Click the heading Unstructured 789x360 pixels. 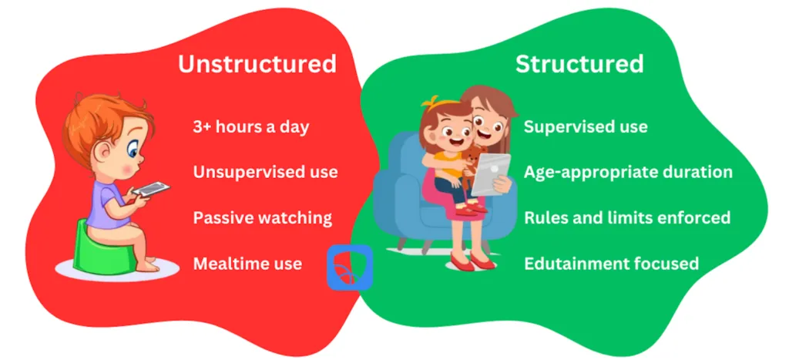coord(257,64)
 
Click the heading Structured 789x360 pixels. coord(579,64)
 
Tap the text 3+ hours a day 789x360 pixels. coord(250,126)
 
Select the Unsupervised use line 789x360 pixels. coord(265,172)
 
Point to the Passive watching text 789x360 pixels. coord(263,218)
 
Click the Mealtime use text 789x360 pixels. coord(247,264)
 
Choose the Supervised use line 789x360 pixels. coord(586,127)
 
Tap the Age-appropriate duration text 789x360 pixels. coord(628,172)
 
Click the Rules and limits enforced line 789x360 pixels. coord(627,217)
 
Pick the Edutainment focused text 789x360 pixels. coord(611,264)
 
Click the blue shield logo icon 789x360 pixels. coord(350,267)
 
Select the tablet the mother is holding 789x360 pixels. coord(491,174)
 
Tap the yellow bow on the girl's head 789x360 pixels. coord(434,102)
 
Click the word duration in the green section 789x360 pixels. coord(696,172)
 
